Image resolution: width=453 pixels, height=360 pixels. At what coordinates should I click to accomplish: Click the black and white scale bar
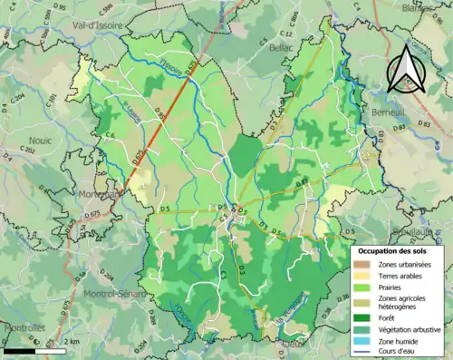pos(27,350)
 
